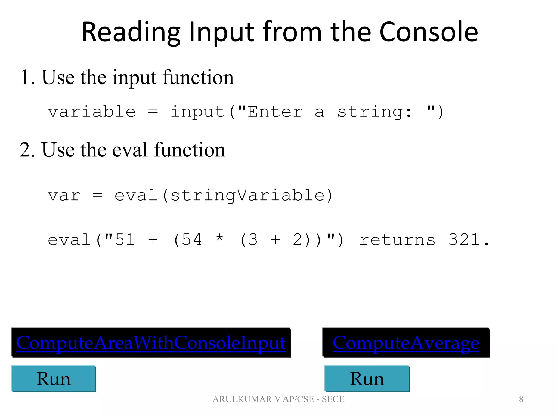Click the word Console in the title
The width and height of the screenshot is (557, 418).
[x=428, y=32]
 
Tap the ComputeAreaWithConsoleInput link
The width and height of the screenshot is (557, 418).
[x=151, y=343]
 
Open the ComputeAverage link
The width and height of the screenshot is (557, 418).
[x=406, y=343]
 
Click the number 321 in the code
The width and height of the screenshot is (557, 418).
[x=464, y=240]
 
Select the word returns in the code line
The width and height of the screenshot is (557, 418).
[x=397, y=240]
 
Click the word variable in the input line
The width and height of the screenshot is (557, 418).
[x=92, y=112]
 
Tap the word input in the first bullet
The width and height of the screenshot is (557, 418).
[x=134, y=78]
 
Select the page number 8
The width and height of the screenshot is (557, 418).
[x=521, y=399]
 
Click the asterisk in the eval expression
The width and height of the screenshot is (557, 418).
[x=219, y=238]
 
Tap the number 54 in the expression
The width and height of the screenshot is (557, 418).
[x=192, y=240]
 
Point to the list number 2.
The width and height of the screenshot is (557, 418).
[x=27, y=150]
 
